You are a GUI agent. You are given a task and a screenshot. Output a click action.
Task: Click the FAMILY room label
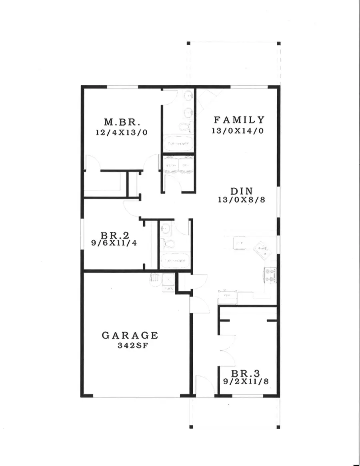tap(239, 120)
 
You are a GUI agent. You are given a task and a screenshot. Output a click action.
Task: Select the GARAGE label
tap(130, 335)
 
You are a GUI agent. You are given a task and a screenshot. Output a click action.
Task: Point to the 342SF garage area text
tap(130, 346)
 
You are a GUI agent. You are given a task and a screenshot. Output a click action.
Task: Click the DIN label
tap(241, 191)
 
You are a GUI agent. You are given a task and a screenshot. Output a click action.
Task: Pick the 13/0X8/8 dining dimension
tap(242, 200)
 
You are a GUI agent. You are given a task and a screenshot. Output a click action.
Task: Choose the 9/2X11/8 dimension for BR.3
tap(244, 382)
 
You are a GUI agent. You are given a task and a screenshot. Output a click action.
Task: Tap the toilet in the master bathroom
tap(184, 128)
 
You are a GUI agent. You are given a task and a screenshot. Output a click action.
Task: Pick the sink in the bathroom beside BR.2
tap(165, 229)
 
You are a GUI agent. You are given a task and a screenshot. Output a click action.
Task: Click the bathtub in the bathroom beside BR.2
tap(175, 261)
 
